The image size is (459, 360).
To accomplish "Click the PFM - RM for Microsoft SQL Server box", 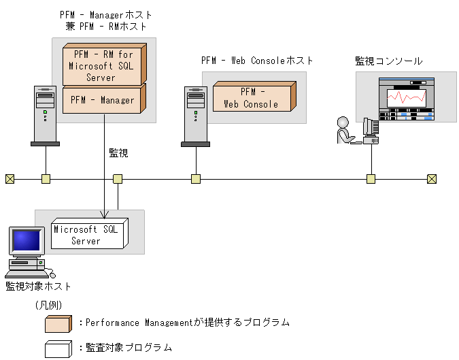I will point(102,65).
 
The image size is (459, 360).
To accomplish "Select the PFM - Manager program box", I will point(102,100).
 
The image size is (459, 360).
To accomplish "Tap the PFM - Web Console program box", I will point(252,97).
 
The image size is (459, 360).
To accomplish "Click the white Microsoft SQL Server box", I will point(86,235).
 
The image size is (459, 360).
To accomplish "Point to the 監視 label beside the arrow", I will point(118,153).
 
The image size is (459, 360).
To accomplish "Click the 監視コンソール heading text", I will point(388,61).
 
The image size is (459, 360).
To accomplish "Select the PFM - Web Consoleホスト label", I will point(257,61).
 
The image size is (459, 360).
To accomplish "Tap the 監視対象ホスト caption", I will point(38,286).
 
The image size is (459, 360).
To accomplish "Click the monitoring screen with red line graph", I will point(406,99).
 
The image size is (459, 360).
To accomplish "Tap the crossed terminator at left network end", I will point(10,179).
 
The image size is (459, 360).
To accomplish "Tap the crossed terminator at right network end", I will point(432,179).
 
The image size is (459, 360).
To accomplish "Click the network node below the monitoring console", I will point(371,179).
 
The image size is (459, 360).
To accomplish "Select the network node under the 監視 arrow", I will point(118,179).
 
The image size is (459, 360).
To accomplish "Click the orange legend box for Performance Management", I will point(58,323).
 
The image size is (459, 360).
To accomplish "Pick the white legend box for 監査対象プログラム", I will point(58,348).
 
